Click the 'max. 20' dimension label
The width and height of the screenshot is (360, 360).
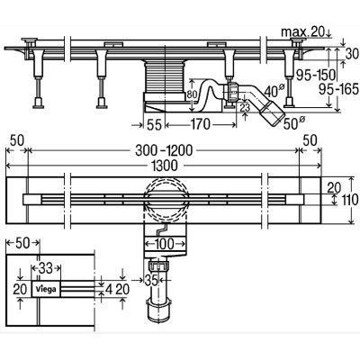[303, 31]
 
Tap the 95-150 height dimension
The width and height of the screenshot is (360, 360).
[315, 74]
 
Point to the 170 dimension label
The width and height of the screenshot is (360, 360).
[201, 124]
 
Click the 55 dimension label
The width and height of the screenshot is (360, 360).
[155, 124]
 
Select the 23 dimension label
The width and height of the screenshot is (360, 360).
[245, 107]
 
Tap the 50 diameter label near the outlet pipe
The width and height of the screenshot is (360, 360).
[294, 123]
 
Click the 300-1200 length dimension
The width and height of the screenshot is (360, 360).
[164, 151]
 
